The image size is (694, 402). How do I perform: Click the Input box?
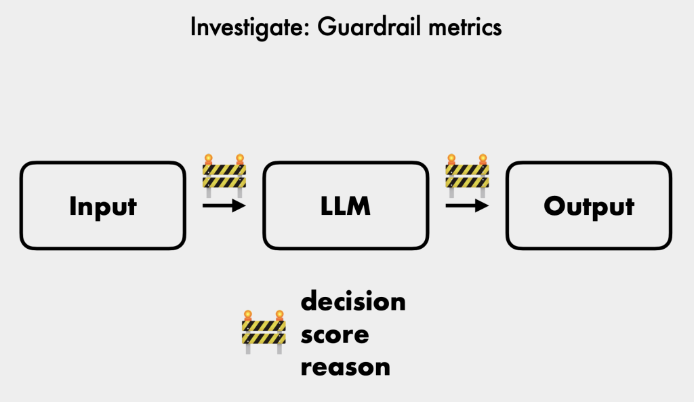click(x=103, y=205)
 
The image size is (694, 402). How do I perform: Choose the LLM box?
click(x=346, y=205)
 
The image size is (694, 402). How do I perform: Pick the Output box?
click(x=589, y=205)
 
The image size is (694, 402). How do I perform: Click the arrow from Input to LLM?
click(x=224, y=205)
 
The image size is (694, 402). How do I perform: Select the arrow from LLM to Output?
click(x=467, y=205)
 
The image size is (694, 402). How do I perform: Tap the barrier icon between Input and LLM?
click(x=224, y=172)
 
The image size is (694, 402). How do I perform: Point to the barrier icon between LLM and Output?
click(x=467, y=172)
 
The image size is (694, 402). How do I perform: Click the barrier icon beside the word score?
click(x=263, y=332)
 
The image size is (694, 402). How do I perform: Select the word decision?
click(x=353, y=301)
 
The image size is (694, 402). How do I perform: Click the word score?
click(x=335, y=334)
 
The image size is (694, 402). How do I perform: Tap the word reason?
click(x=346, y=367)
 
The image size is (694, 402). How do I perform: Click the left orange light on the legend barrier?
click(x=248, y=315)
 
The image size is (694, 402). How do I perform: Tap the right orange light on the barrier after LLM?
click(x=483, y=159)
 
